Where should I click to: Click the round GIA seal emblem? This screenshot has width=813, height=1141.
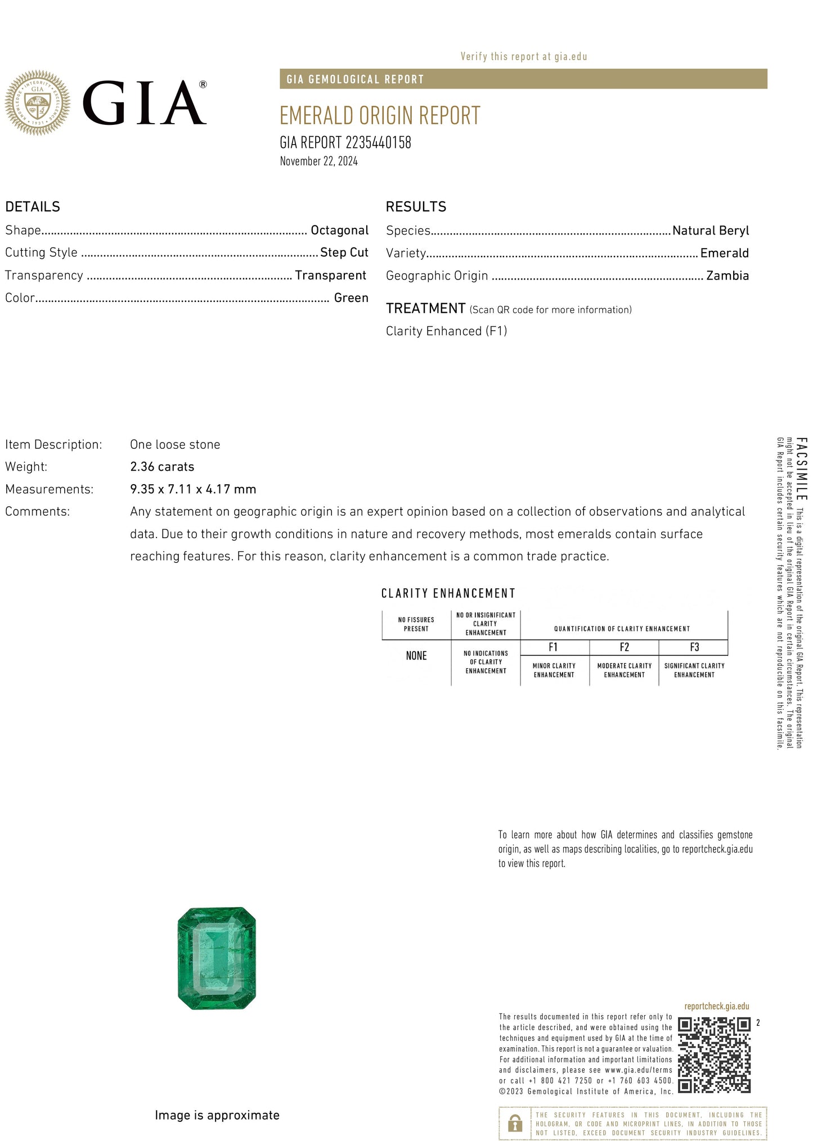point(37,103)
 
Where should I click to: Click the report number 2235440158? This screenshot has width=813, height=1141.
point(378,143)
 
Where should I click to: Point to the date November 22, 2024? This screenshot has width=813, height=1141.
point(318,161)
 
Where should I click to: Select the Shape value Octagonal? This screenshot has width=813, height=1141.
point(339,231)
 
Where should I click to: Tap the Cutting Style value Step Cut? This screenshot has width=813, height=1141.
point(344,252)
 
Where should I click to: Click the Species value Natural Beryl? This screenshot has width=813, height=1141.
point(710,231)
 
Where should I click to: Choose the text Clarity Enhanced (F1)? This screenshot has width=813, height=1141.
point(446,331)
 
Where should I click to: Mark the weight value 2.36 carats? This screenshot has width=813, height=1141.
point(162,467)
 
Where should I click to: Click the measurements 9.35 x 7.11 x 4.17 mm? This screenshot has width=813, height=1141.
point(193,489)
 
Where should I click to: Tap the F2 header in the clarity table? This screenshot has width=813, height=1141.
point(624,647)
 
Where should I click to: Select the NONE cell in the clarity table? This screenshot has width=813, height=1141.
point(416,656)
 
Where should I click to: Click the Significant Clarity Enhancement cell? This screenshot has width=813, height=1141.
point(694,670)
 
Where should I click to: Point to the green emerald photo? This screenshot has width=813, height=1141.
point(217,958)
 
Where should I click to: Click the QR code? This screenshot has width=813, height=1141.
point(714,1055)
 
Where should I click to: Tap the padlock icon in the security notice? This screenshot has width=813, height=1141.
point(514,1123)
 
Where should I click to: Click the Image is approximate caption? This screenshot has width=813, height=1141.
point(217,1115)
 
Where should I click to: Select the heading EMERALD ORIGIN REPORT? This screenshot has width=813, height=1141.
point(380,116)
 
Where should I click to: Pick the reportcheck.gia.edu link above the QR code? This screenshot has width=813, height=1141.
point(716,1006)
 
